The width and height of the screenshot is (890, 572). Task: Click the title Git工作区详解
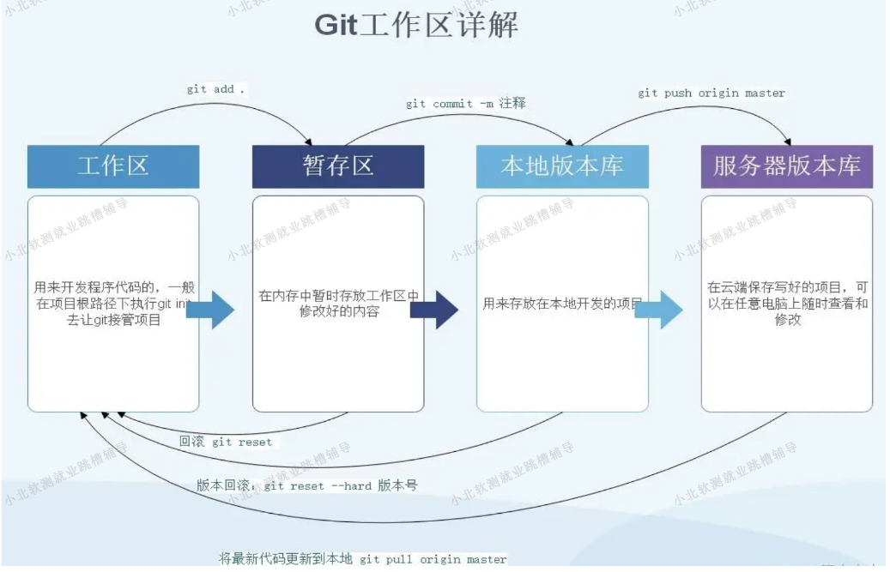tap(416, 25)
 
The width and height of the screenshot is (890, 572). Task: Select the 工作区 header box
tap(113, 166)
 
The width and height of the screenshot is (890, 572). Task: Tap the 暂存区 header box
tap(338, 166)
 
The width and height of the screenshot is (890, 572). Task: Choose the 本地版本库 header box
tap(562, 166)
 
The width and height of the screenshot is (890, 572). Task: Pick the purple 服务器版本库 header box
tap(786, 166)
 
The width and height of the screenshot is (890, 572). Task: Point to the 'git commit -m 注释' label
tap(465, 104)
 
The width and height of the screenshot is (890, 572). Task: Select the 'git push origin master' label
tap(711, 93)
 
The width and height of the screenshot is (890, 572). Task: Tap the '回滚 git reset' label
tap(226, 443)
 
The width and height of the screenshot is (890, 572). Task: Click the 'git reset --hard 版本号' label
tap(307, 485)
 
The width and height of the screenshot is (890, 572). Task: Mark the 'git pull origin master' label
tap(363, 559)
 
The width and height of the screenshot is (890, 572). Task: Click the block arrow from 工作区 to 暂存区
tap(211, 310)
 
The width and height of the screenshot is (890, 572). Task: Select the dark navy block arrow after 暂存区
tap(435, 310)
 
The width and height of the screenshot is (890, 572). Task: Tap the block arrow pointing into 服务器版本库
tap(659, 310)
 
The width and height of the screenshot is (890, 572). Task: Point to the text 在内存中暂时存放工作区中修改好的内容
tap(338, 304)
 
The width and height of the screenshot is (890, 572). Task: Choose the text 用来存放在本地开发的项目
tap(562, 303)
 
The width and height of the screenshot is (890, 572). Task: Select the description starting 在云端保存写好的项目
tap(787, 303)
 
